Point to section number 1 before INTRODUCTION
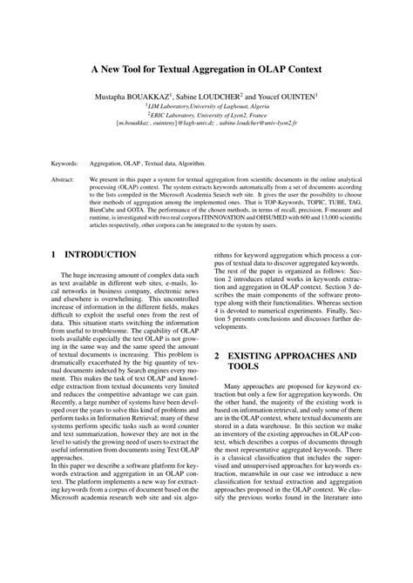(x=54, y=254)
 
